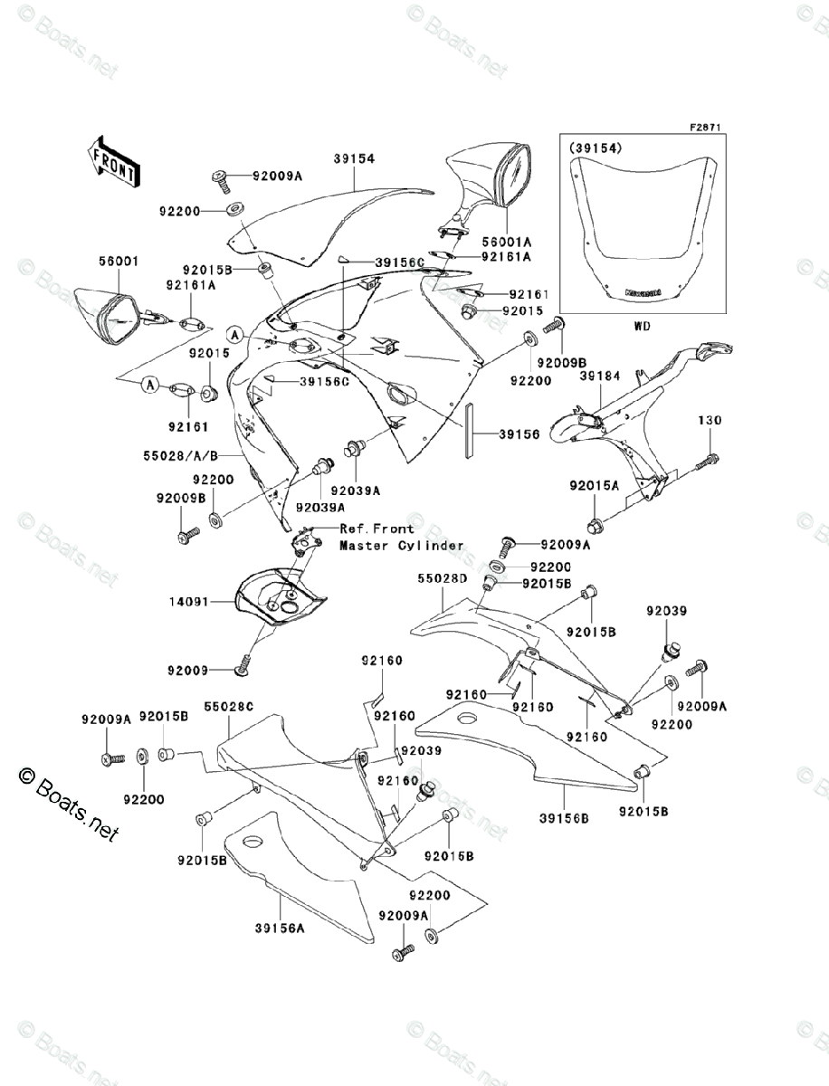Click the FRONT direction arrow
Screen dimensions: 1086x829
click(112, 160)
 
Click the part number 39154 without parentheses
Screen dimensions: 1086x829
click(328, 158)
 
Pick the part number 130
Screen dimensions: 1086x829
click(709, 421)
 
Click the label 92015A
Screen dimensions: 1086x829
click(594, 486)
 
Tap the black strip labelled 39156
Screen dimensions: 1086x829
click(469, 433)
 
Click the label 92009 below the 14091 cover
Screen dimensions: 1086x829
click(189, 671)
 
